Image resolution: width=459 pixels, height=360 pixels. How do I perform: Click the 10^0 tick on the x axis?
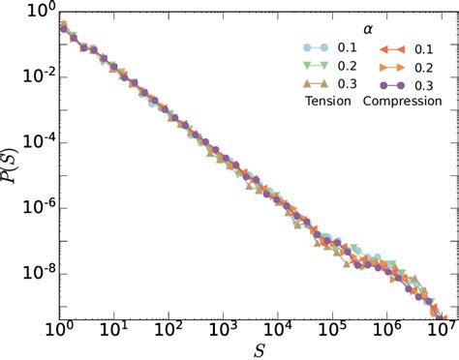61,329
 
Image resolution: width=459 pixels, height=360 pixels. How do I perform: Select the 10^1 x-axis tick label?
115,329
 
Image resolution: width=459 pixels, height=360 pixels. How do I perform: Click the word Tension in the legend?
326,101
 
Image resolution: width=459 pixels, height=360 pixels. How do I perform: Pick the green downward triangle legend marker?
307,66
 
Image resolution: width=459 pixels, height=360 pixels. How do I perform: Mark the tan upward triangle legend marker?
307,83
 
